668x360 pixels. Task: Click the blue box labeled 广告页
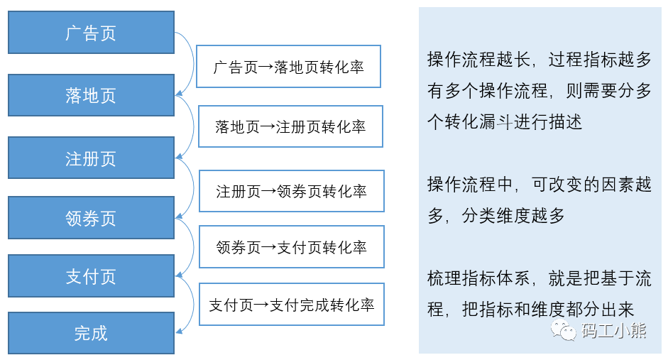point(91,33)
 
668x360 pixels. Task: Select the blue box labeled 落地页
point(91,95)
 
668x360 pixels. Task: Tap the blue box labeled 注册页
point(91,158)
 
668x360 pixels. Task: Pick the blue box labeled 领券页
point(91,218)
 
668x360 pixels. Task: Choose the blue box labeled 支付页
point(91,276)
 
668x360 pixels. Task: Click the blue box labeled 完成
point(91,333)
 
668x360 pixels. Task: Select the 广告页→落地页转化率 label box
point(288,67)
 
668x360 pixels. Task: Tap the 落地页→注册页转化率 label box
point(290,127)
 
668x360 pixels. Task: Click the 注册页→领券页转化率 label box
point(291,191)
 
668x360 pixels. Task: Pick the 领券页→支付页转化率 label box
point(291,247)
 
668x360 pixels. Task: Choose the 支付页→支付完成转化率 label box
point(291,305)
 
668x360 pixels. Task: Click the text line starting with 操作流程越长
point(539,60)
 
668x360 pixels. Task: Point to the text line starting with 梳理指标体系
point(539,278)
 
